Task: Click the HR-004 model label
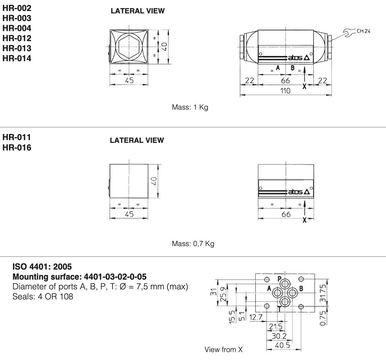(x=17, y=28)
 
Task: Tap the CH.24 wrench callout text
(x=363, y=31)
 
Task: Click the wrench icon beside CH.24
(x=349, y=33)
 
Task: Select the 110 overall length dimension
(x=285, y=91)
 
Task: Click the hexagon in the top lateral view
(x=129, y=47)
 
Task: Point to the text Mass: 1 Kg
(x=190, y=107)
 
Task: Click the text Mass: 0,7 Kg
(x=193, y=244)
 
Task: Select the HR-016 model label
(x=17, y=147)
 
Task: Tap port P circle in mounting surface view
(x=285, y=284)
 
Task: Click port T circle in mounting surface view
(x=285, y=302)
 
